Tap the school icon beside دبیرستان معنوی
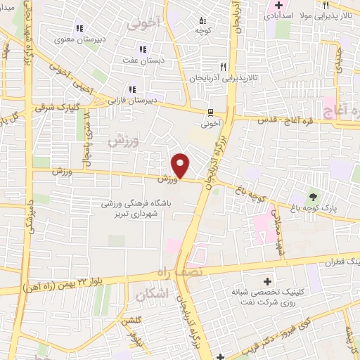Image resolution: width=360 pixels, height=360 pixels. [x=79, y=29]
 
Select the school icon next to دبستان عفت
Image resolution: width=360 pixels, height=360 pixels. [x=143, y=49]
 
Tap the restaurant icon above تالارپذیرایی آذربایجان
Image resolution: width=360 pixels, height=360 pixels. [x=223, y=67]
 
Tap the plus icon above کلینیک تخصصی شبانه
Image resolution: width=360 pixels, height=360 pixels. [x=266, y=281]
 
